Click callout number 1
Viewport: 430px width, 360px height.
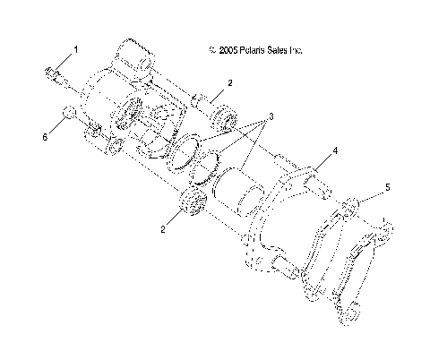76,50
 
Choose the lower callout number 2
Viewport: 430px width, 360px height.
164,229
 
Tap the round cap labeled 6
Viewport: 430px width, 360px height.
67,114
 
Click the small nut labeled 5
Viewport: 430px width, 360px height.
352,204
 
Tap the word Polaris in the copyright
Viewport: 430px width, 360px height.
245,51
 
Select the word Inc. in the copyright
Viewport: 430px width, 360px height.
294,51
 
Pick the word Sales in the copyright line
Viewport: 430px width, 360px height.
271,51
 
